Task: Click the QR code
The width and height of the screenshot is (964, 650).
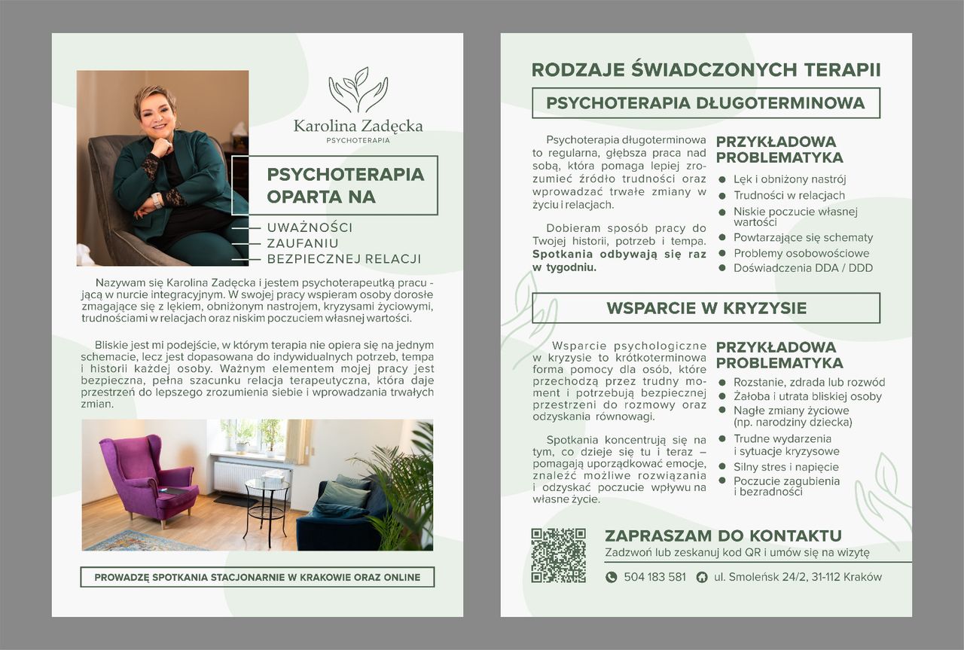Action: click(558, 555)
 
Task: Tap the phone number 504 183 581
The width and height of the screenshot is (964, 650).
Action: click(654, 577)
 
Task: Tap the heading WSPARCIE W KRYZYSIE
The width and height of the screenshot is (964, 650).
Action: click(706, 308)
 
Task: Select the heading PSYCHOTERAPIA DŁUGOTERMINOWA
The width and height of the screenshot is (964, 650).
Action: click(706, 102)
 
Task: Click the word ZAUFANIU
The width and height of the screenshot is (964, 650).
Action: click(303, 243)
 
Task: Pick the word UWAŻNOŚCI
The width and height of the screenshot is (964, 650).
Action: click(310, 227)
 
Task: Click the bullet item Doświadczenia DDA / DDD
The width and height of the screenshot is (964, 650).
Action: click(803, 267)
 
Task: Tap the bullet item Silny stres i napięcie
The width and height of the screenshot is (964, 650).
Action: click(786, 467)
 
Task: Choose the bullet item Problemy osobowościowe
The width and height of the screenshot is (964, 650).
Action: click(801, 253)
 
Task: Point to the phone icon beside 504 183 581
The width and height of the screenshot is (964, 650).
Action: click(612, 577)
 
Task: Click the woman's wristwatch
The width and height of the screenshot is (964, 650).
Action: click(157, 200)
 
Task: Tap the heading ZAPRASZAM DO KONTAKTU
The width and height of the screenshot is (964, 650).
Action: click(723, 536)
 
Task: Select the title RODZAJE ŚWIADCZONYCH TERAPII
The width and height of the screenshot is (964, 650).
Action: click(706, 70)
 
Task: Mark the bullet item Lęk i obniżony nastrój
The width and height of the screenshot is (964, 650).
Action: click(789, 179)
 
